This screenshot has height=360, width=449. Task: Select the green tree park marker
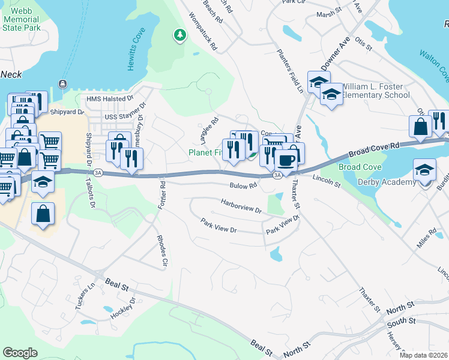coord(179,35)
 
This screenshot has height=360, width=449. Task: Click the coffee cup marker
coord(286,160)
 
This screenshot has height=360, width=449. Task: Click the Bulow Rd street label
coord(243,186)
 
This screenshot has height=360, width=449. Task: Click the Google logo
coord(20,352)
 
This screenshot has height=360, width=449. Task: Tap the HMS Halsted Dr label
coord(109,99)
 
